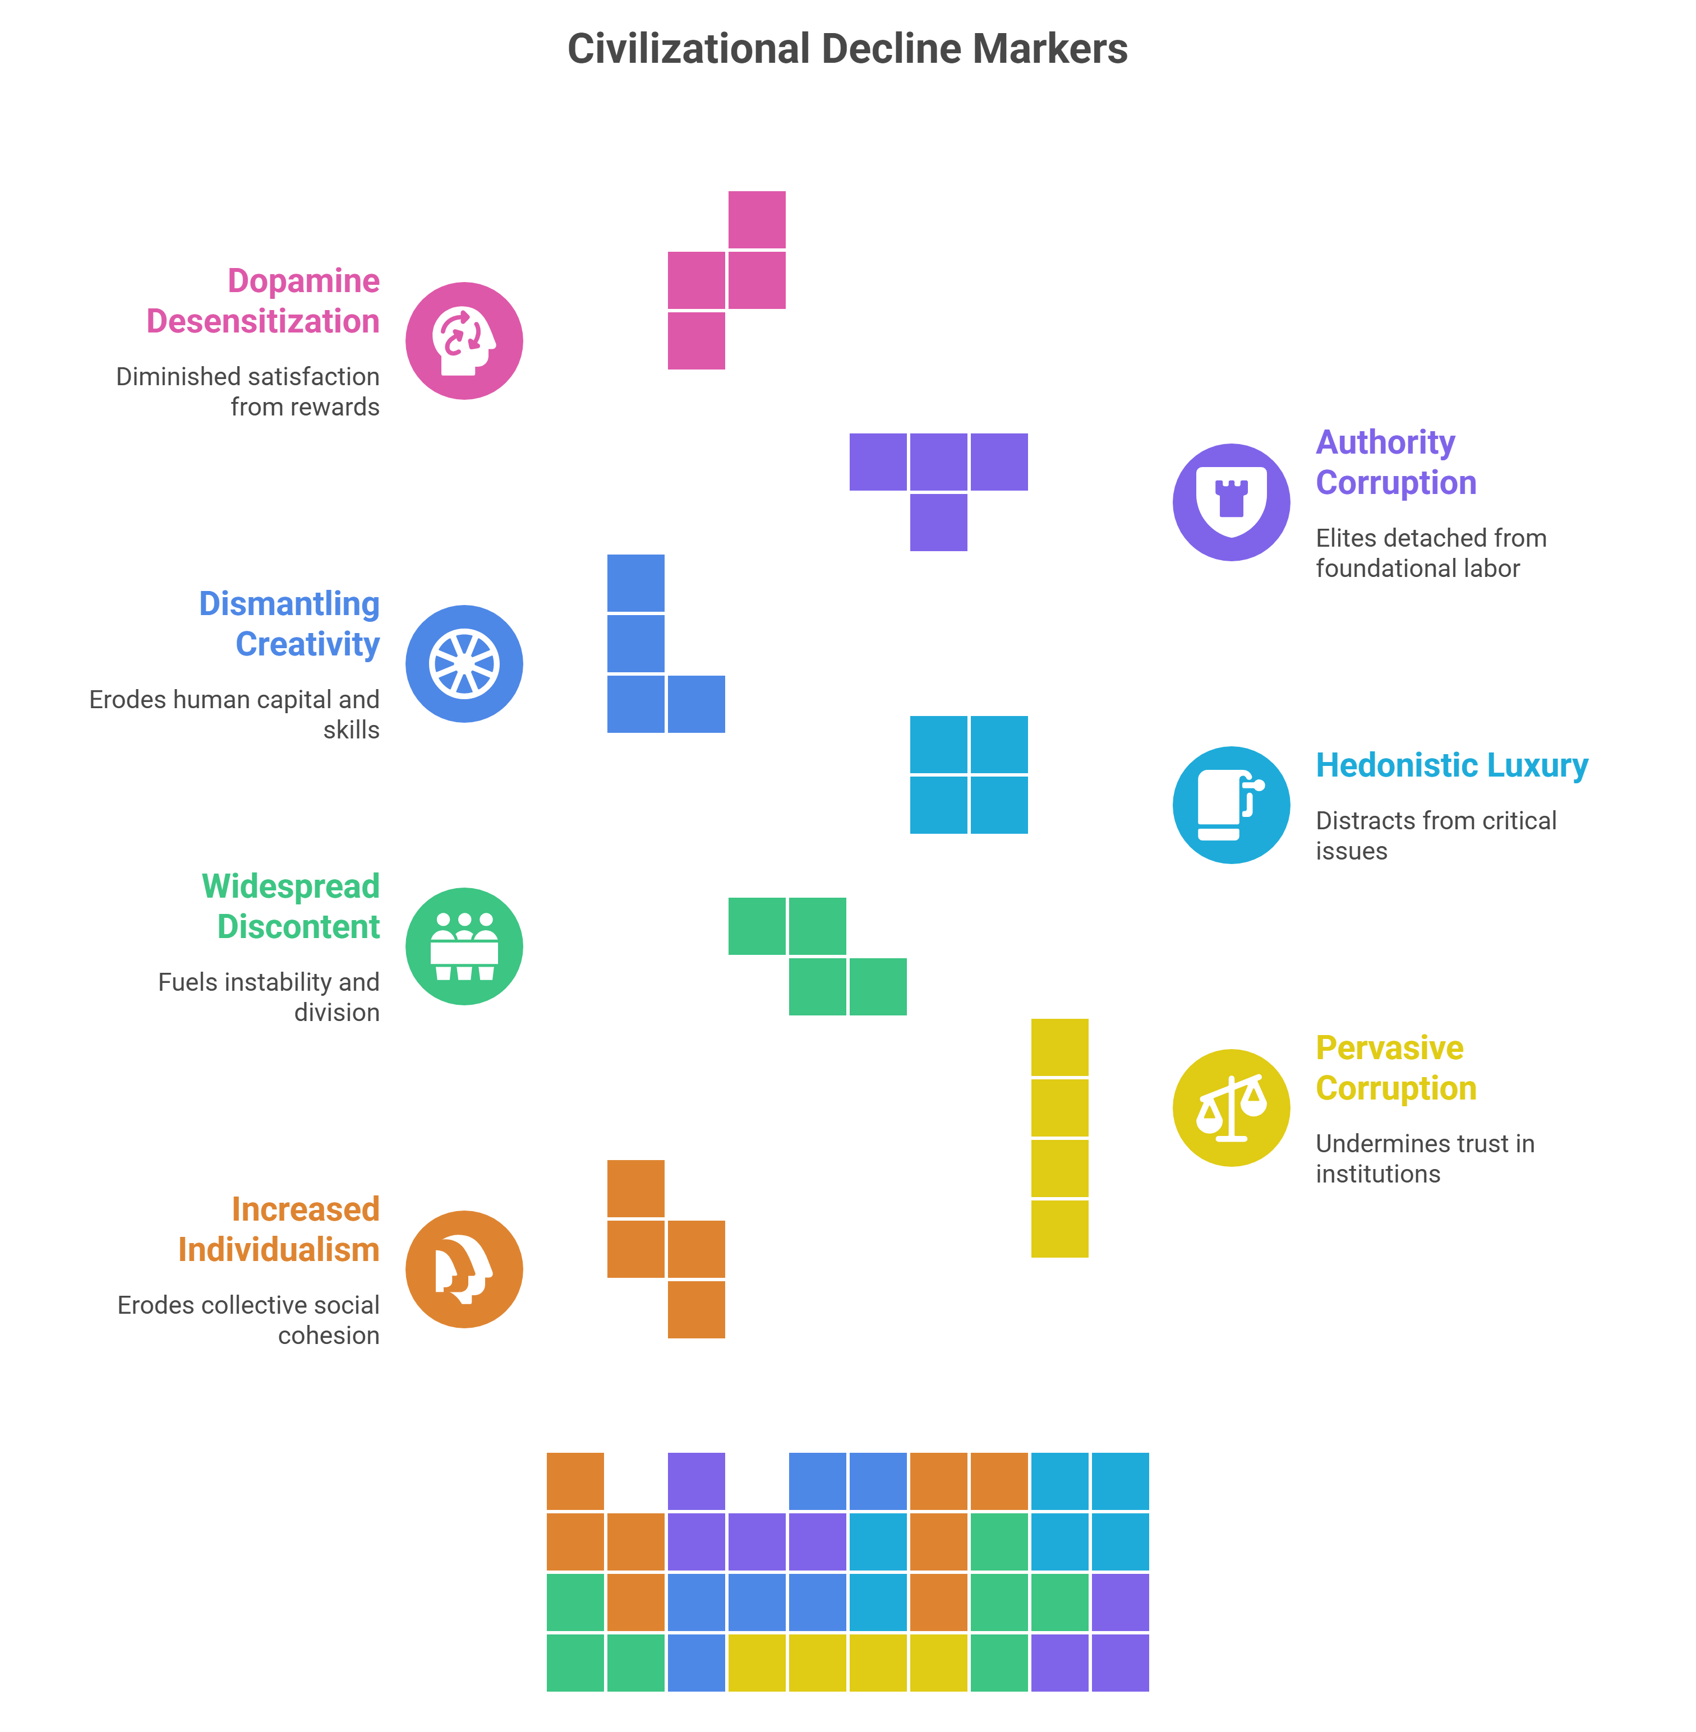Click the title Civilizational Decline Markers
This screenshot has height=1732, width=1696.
tap(847, 49)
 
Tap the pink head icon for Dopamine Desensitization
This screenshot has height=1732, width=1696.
tap(464, 341)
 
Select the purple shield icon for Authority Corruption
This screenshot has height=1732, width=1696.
tap(1231, 502)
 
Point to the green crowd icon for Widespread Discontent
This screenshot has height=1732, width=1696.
tap(464, 946)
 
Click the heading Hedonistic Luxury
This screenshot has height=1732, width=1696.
tap(1452, 766)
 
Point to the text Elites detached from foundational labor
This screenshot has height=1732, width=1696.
tap(1431, 553)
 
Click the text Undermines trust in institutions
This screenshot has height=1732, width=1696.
tap(1425, 1158)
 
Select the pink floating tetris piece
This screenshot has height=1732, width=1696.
tap(727, 280)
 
